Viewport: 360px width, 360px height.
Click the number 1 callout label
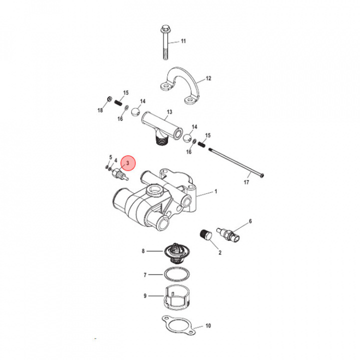[216, 191]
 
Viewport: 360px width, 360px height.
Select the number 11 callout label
[183, 41]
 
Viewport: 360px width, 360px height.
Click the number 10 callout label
[208, 326]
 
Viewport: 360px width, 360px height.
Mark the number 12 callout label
[208, 78]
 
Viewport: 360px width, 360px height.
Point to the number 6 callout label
[250, 220]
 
